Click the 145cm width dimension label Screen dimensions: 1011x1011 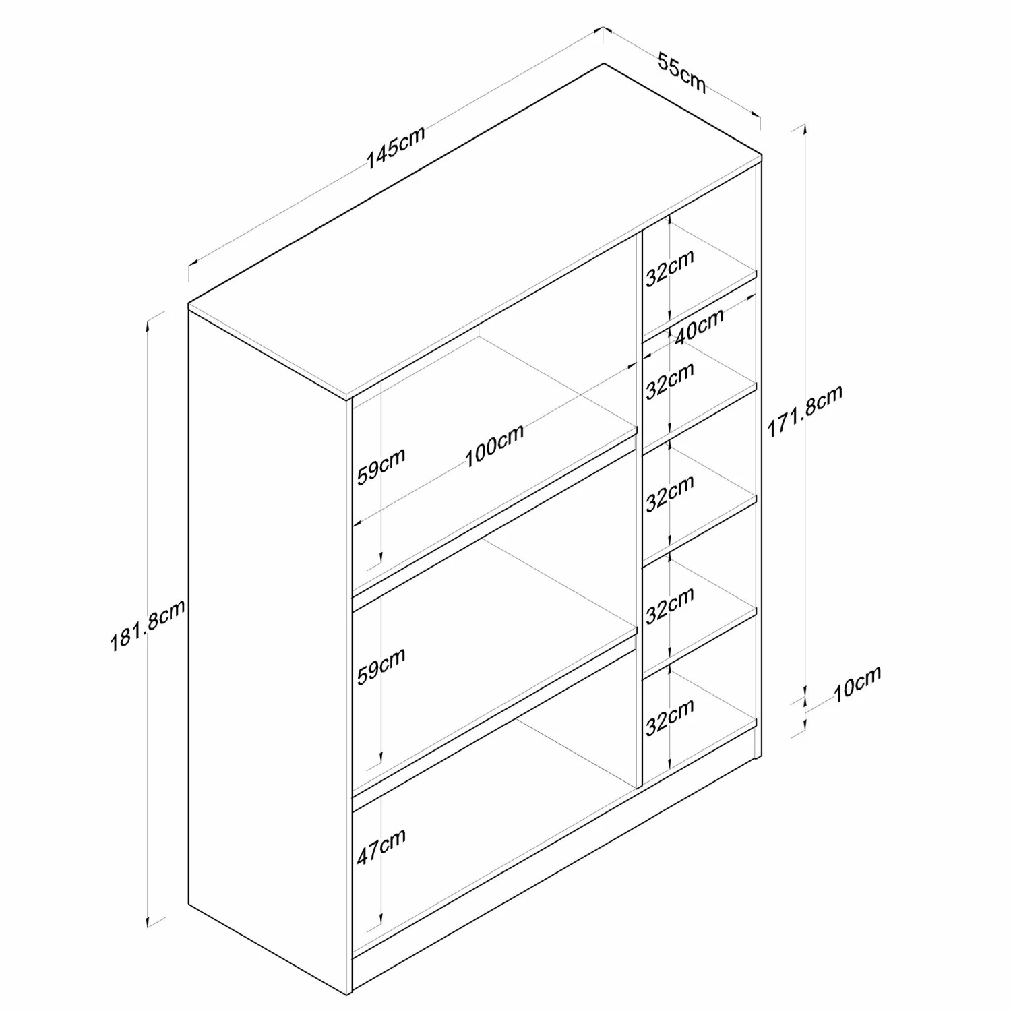point(396,148)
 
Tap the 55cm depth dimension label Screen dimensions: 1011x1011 point(682,73)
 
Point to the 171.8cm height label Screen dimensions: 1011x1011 point(805,411)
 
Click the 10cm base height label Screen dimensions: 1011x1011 point(857,684)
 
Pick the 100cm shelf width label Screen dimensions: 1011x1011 point(494,446)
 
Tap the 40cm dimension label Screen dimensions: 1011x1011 point(700,326)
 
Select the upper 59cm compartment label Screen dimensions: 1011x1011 point(381,465)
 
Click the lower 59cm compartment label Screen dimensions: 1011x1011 point(381,666)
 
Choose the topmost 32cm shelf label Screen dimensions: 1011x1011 point(670,269)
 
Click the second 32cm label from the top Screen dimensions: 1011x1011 point(670,381)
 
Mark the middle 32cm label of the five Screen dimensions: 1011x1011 point(670,493)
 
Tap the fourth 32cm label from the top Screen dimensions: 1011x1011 point(670,605)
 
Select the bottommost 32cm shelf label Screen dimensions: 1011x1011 point(670,717)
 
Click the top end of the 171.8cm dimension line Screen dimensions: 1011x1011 point(803,125)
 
